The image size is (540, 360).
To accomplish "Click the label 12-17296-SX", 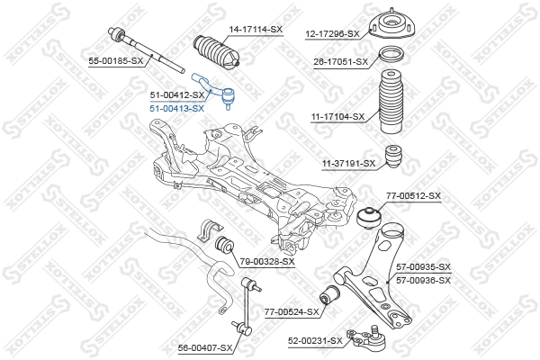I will (329, 33).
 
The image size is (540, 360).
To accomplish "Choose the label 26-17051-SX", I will (340, 61).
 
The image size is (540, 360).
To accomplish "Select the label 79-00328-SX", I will (267, 261).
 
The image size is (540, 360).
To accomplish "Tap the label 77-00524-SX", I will (292, 311).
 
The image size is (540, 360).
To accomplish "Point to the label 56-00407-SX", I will (205, 346).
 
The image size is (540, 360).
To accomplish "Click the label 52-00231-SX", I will (315, 340).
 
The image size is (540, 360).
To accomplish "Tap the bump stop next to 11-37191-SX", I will (392, 157).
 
